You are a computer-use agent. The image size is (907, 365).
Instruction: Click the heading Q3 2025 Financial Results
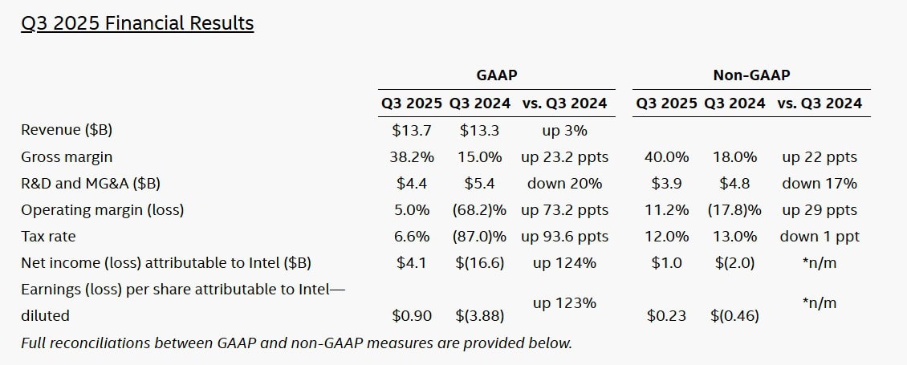point(137,24)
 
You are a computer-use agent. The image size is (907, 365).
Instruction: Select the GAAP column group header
point(496,75)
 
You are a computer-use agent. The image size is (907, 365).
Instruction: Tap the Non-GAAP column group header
point(751,75)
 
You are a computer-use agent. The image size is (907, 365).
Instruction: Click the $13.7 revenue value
point(411,130)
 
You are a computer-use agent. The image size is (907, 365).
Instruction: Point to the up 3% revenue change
point(564,130)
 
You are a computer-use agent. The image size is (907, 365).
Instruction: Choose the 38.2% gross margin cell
point(411,157)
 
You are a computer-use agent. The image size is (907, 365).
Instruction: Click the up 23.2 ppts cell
point(564,157)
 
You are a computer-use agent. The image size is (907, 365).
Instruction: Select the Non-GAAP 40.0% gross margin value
point(666,157)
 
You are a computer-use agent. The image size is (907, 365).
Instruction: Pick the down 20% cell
point(564,184)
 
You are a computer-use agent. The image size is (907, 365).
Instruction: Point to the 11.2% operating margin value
point(666,211)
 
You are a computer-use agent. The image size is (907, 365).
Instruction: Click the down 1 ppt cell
point(820,237)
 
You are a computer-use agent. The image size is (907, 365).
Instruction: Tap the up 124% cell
point(564,262)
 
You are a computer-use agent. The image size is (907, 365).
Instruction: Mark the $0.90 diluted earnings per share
point(411,316)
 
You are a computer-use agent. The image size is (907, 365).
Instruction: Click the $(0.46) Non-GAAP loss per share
point(734,316)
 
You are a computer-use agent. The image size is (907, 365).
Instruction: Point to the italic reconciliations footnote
point(296,343)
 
